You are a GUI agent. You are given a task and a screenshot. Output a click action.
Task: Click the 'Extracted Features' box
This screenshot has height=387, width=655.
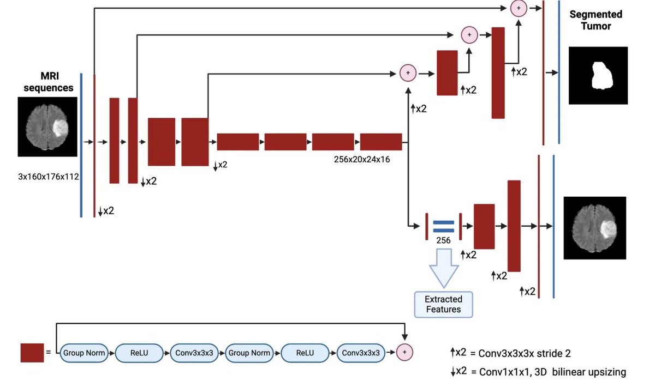(x=443, y=304)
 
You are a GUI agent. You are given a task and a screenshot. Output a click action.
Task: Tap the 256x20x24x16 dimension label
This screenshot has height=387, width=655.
(x=362, y=160)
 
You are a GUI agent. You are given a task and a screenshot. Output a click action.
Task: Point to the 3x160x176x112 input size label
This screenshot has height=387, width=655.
(x=48, y=177)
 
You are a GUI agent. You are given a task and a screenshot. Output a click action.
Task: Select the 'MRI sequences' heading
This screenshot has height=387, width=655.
(x=49, y=82)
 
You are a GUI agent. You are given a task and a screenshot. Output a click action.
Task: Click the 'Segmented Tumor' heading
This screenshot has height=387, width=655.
(x=596, y=20)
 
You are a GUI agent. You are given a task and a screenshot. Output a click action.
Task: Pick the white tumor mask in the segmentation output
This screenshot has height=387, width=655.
(x=602, y=75)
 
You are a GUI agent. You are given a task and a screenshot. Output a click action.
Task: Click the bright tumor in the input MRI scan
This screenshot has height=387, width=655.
(x=61, y=128)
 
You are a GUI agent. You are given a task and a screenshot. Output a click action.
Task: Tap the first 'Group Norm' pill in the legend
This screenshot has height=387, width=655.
(x=84, y=353)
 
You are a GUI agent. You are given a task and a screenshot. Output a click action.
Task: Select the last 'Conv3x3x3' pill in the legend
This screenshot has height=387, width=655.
(x=361, y=353)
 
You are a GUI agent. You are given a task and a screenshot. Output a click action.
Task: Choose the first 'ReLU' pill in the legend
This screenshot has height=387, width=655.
(x=139, y=353)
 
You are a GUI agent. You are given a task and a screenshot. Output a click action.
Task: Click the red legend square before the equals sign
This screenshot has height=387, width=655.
(x=32, y=353)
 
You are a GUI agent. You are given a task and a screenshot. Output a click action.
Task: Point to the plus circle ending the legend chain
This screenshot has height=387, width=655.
(x=404, y=352)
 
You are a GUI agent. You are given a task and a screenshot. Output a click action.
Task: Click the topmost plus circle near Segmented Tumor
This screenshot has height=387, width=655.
(x=519, y=8)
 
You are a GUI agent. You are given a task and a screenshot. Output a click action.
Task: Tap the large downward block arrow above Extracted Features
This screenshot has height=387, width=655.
(x=444, y=268)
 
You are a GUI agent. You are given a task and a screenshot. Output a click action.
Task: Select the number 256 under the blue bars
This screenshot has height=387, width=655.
(x=443, y=240)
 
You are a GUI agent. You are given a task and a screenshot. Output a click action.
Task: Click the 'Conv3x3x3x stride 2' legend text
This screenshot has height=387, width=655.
(x=525, y=354)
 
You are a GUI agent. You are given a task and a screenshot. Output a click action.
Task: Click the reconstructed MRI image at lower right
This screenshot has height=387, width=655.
(x=595, y=228)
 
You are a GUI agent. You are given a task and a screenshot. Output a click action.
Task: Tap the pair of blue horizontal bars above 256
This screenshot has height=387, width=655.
(x=444, y=226)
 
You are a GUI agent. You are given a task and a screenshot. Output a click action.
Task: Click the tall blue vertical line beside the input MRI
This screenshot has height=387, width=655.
(x=81, y=145)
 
